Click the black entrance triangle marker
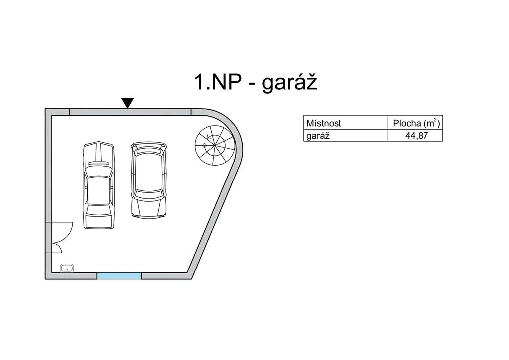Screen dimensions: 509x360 pos(127,102)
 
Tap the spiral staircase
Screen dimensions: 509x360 pos(215,145)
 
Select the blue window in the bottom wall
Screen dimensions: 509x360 pos(119,276)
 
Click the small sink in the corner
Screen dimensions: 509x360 pos(67,268)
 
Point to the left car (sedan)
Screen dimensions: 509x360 pos(99,185)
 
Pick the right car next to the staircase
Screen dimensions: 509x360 pos(149,180)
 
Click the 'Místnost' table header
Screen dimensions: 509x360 pos(324,123)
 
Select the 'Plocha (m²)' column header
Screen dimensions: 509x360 pos(417,123)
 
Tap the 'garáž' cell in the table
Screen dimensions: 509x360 pos(318,135)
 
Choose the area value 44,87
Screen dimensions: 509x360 pos(417,135)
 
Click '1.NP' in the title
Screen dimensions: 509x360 pos(218,82)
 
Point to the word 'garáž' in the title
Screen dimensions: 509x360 pos(289,82)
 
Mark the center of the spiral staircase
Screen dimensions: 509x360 pos(205,145)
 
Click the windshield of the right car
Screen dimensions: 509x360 pos(149,194)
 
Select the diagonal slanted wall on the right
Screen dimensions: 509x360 pos(215,221)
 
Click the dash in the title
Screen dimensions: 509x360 pos(252,84)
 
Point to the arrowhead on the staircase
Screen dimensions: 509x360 pos(208,138)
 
